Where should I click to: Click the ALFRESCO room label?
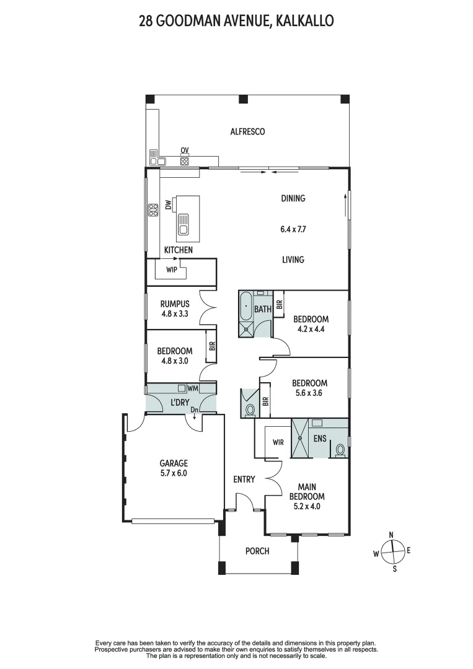[247, 131]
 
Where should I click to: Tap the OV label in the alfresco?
[184, 151]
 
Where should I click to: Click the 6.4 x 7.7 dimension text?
[293, 229]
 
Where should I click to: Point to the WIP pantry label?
[171, 270]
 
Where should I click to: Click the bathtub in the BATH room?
[246, 306]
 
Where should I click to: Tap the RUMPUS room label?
[174, 304]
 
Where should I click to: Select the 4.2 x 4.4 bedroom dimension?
[311, 329]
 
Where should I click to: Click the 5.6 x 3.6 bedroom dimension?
[309, 393]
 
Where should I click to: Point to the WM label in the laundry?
[193, 388]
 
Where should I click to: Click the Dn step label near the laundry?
[194, 410]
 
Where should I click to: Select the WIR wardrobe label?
[278, 443]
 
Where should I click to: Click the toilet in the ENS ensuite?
[339, 450]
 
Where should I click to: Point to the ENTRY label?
[244, 479]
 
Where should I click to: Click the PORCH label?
[257, 551]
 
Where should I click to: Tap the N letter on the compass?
[391, 535]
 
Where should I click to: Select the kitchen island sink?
[183, 225]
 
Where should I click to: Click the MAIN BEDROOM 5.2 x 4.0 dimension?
[307, 505]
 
